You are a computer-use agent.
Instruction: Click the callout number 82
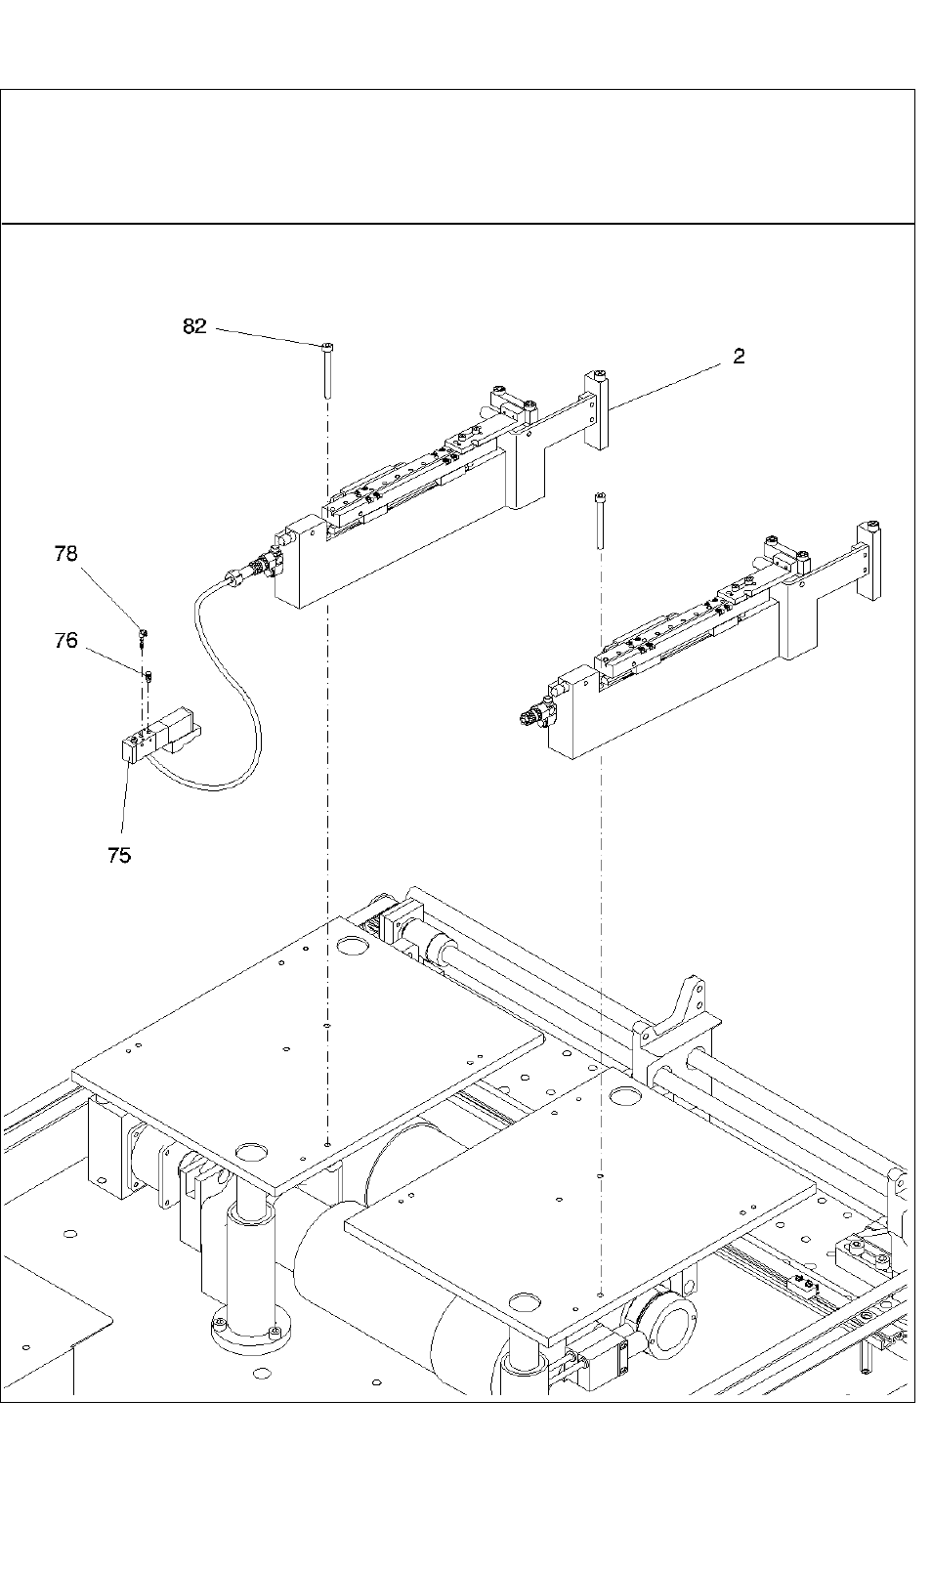pos(194,326)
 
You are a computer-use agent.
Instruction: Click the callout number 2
pos(739,356)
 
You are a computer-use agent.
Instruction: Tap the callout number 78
pos(65,554)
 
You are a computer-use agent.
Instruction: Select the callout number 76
pos(65,640)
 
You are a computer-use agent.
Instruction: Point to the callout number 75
pos(119,855)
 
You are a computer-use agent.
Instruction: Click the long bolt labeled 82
pos(327,370)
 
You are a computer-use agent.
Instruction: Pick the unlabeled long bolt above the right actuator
pos(600,520)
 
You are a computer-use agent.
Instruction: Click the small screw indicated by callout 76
pos(148,676)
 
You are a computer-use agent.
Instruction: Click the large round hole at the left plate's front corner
pos(252,1152)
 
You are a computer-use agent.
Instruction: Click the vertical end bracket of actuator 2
pos(595,410)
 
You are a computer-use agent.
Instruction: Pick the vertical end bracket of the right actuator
pos(868,560)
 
